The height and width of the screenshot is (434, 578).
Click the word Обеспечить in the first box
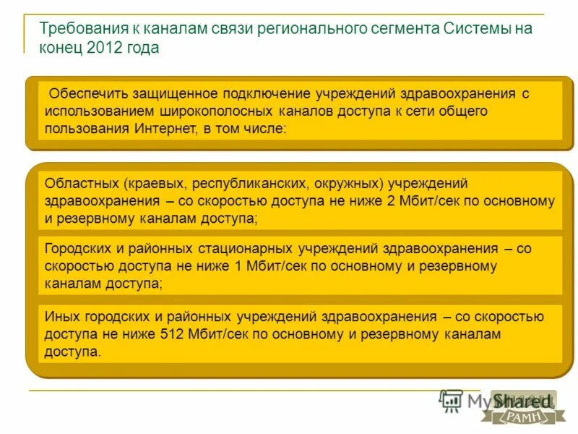[x=88, y=94]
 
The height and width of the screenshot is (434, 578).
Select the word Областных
[x=81, y=184]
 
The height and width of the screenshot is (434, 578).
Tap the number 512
[x=199, y=335]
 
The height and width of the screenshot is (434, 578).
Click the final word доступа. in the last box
[x=73, y=352]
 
